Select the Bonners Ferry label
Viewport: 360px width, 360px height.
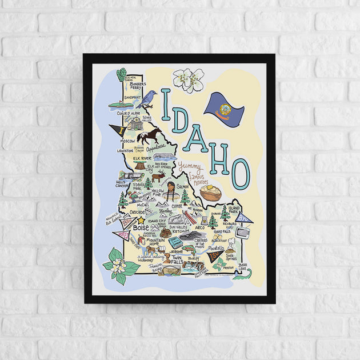click(137, 86)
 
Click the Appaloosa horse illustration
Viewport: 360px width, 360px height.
click(149, 136)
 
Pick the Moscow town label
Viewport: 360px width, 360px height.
click(127, 141)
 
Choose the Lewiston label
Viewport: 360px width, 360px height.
click(125, 151)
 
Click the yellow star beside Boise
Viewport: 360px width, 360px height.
click(141, 220)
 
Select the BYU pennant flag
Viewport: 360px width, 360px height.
click(244, 217)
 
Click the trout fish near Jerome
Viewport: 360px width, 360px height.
click(175, 243)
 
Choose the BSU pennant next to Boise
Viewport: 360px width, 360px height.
click(122, 234)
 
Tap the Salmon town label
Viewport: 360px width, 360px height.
click(182, 186)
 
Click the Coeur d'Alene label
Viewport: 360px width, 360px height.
click(129, 113)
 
